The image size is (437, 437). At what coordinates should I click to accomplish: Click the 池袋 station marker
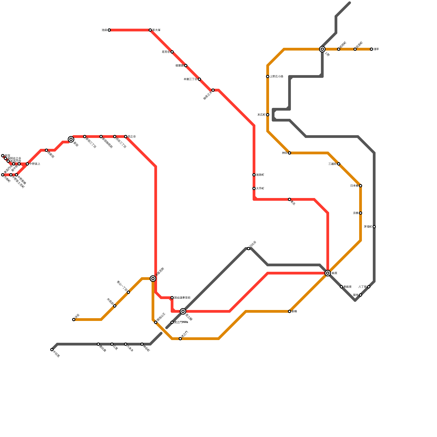coord(109,30)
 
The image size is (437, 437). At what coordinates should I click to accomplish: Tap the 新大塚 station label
coord(157,30)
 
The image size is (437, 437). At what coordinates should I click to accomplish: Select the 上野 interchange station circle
coord(322,49)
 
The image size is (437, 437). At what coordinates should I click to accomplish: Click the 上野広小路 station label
coord(276,76)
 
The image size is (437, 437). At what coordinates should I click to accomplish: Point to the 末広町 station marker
coord(268,115)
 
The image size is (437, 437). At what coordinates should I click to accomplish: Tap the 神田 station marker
coord(290,153)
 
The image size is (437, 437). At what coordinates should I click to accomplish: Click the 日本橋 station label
coord(354,186)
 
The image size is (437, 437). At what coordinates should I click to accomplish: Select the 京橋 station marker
coord(361,213)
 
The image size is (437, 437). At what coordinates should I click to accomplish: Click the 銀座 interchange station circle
coord(328,273)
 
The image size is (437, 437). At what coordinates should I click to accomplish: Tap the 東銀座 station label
coord(347,287)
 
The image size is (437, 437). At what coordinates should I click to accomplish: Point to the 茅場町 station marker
coord(374,227)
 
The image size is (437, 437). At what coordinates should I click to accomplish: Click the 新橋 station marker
coord(290,311)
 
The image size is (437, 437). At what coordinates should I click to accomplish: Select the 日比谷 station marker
coord(249,249)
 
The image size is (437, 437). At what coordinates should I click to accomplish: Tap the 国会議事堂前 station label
coord(182,298)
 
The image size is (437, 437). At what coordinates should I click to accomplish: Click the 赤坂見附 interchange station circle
coord(153,279)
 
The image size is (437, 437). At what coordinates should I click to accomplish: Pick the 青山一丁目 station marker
coord(128,292)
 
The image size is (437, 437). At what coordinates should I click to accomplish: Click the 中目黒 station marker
coord(52,350)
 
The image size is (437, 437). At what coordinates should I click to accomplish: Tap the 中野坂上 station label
coord(35,164)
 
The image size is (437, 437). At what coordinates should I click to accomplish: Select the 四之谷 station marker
coord(126,137)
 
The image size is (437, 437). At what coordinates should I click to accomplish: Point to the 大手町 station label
coord(260,188)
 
